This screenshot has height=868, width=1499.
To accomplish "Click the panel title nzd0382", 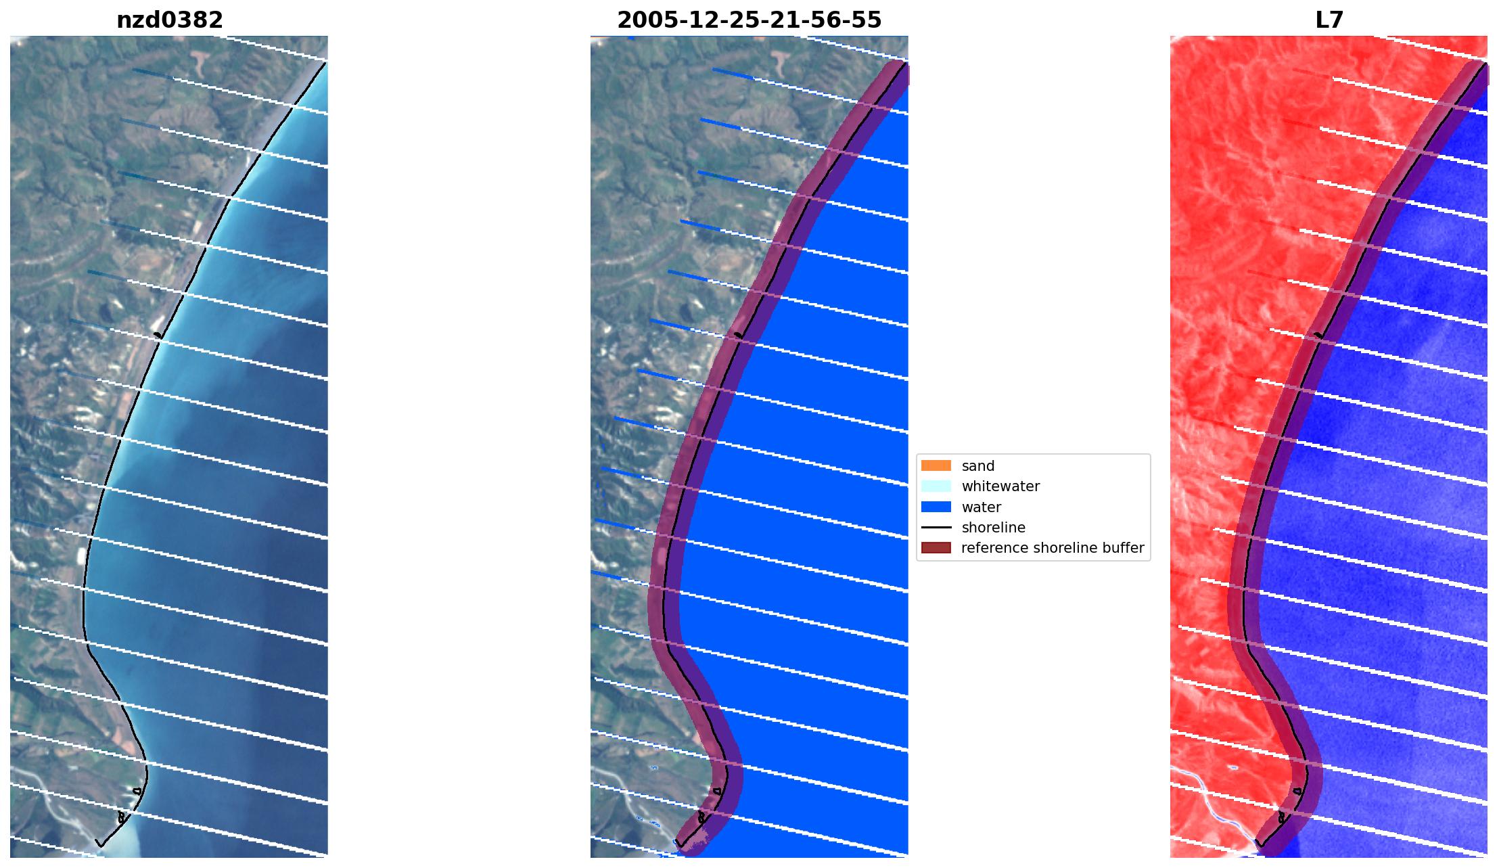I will [170, 20].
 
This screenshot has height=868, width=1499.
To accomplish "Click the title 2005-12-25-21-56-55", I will [749, 20].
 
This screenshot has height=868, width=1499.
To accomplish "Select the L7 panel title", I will [1329, 20].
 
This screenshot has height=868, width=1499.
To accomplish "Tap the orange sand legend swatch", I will [936, 465].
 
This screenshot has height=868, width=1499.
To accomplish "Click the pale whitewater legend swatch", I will [936, 486].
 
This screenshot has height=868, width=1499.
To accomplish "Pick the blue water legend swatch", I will [936, 507].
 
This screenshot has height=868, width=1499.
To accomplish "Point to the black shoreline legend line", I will [936, 527].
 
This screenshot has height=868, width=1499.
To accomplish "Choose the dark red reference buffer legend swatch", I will [936, 547].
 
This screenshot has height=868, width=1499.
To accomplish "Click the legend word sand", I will [977, 466].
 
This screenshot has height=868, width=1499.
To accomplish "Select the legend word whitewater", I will [1000, 486].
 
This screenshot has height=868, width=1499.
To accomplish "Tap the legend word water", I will [981, 507].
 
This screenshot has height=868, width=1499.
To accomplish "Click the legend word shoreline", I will [993, 528].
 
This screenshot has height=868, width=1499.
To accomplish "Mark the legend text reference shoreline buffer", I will [1052, 548].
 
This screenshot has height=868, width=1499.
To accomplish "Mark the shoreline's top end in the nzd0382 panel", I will [326, 62].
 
